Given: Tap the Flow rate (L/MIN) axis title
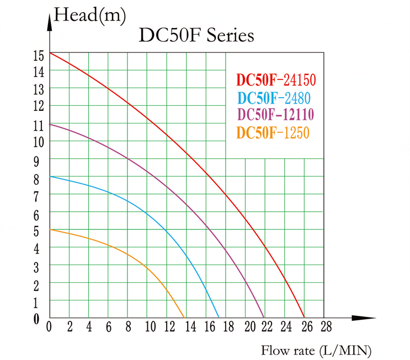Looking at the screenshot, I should pyautogui.click(x=316, y=350).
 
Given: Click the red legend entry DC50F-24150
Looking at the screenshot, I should pyautogui.click(x=276, y=80).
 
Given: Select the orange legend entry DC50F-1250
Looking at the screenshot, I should pyautogui.click(x=272, y=133).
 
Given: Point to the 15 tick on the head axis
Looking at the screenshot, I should pyautogui.click(x=38, y=55).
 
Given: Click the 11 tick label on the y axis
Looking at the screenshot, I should pyautogui.click(x=38, y=126).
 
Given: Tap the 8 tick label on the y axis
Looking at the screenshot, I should pyautogui.click(x=38, y=179).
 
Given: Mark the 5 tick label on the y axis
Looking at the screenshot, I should pyautogui.click(x=38, y=232).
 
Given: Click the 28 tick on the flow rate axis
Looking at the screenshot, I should pyautogui.click(x=326, y=326).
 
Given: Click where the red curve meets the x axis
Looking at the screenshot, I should pyautogui.click(x=304, y=318).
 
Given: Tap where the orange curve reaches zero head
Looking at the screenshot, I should pyautogui.click(x=184, y=318).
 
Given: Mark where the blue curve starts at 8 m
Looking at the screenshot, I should pyautogui.click(x=50, y=176).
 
